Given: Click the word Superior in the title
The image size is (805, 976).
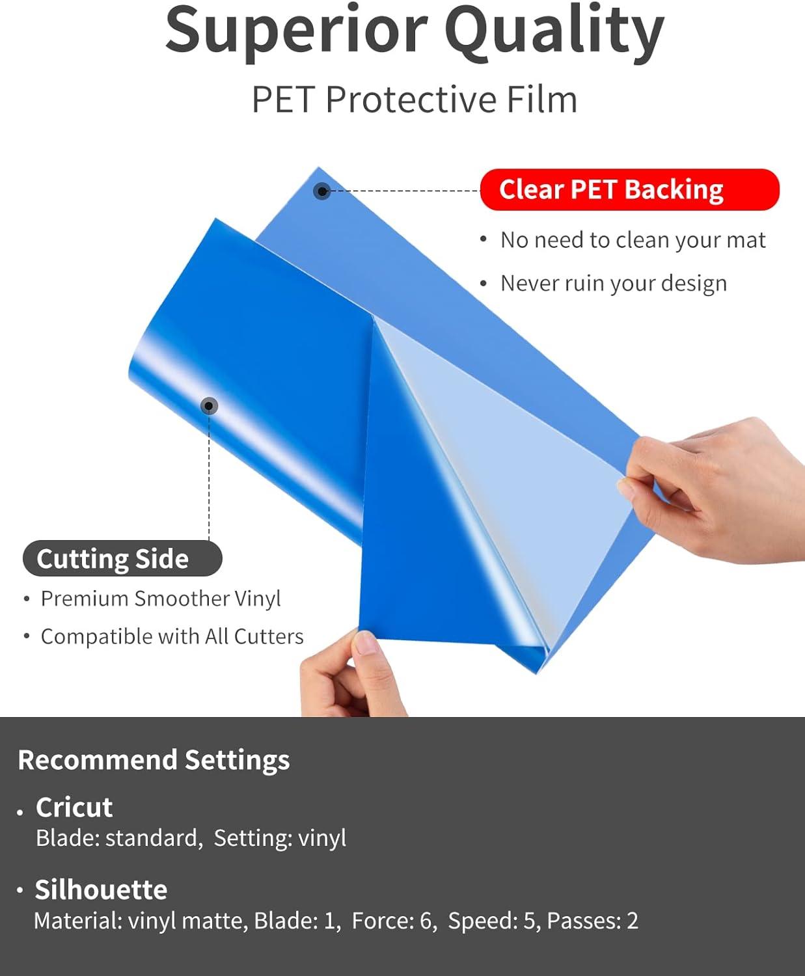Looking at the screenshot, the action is [x=296, y=33].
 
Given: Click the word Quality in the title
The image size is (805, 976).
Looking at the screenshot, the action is [x=554, y=33].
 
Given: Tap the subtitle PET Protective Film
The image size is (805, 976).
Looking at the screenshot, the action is [x=415, y=100].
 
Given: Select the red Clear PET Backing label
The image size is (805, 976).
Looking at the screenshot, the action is [x=630, y=189].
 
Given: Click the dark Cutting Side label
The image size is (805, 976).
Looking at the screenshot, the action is [x=122, y=558].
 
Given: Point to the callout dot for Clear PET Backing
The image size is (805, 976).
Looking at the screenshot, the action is [x=321, y=191].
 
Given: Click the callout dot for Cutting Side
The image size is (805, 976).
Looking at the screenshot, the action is [x=209, y=406].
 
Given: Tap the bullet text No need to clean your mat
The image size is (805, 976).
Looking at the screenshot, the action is [x=633, y=240].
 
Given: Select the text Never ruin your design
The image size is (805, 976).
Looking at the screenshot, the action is [x=614, y=283].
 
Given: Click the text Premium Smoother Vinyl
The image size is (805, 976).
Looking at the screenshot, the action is [x=161, y=599].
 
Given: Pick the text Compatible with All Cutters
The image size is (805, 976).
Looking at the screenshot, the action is [x=172, y=636].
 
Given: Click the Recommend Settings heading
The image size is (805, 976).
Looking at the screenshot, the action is [x=154, y=760].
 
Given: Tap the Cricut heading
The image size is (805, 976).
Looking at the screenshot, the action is [x=74, y=807].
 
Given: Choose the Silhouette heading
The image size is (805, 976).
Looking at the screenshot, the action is [x=101, y=889].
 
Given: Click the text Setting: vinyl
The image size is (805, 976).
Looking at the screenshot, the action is [x=280, y=837].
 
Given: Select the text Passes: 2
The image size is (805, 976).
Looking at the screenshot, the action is [x=592, y=921].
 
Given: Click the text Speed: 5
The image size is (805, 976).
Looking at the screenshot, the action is [x=493, y=921].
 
